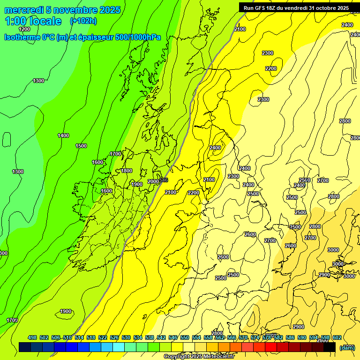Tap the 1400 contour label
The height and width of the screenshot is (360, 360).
63,135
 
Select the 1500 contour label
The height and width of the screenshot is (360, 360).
81,146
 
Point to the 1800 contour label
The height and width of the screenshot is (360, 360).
127,171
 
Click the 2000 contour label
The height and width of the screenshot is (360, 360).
153,181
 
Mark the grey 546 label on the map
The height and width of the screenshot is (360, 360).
164,180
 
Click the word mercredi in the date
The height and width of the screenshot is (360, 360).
24,10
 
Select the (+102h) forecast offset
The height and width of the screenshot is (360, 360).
83,21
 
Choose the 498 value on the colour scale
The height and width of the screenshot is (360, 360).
32,337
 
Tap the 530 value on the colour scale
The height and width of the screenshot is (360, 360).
126,337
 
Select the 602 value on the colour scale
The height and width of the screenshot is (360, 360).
337,337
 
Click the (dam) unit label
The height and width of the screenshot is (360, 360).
347,347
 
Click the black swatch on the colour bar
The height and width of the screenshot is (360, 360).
330,347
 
